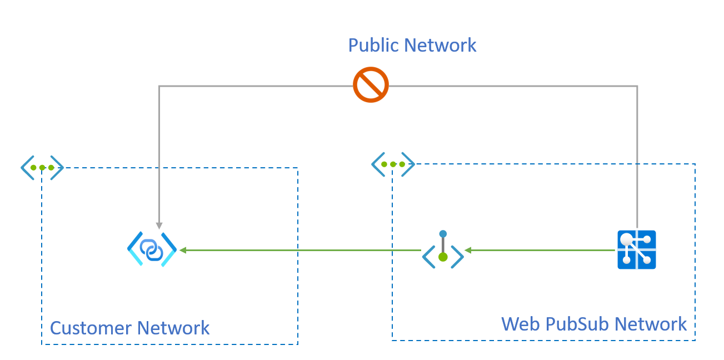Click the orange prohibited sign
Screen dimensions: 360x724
click(x=371, y=85)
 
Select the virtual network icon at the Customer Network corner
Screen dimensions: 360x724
click(x=42, y=167)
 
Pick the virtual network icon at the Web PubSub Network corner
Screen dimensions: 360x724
click(x=393, y=164)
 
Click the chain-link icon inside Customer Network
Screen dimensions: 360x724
click(x=152, y=250)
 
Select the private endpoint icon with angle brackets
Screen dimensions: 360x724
click(x=443, y=251)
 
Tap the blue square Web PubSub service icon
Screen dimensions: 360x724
click(x=637, y=250)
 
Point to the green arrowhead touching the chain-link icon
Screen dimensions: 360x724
click(x=183, y=251)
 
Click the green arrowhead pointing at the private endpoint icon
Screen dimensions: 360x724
click(x=468, y=251)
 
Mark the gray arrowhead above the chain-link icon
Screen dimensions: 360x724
click(x=159, y=226)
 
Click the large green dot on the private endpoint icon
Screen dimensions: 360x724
click(x=443, y=257)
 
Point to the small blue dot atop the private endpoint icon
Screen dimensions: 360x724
click(x=443, y=234)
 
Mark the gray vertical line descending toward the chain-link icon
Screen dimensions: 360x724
click(x=159, y=156)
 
